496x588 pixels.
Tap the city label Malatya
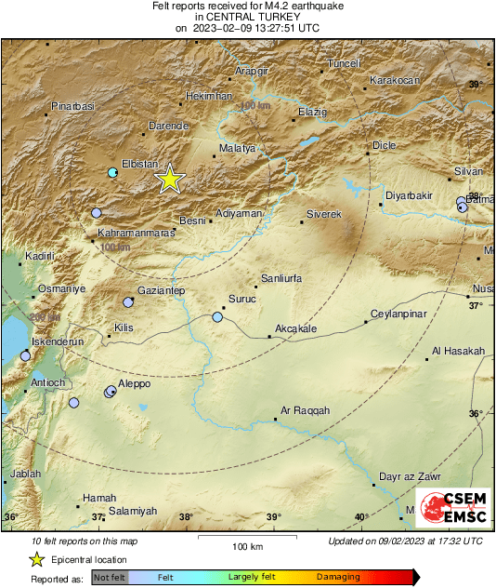pyautogui.click(x=236, y=148)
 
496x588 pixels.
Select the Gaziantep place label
pyautogui.click(x=162, y=291)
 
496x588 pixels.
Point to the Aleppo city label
pyautogui.click(x=134, y=383)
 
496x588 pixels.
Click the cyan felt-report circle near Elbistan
pyautogui.click(x=112, y=173)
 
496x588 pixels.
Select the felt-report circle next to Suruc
pyautogui.click(x=217, y=317)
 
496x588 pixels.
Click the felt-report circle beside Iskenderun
pyautogui.click(x=25, y=355)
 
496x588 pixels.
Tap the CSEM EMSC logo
pyautogui.click(x=453, y=509)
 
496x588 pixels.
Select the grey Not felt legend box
pyautogui.click(x=110, y=578)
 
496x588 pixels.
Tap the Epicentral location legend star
pyautogui.click(x=36, y=559)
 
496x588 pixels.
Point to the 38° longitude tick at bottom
pyautogui.click(x=186, y=517)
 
